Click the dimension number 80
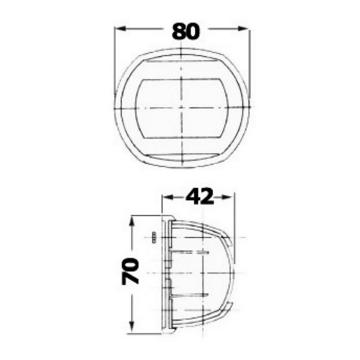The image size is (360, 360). pyautogui.click(x=186, y=32)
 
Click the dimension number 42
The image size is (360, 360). pyautogui.click(x=200, y=196)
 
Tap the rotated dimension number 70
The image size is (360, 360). pyautogui.click(x=130, y=271)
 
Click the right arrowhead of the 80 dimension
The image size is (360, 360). pyautogui.click(x=243, y=29)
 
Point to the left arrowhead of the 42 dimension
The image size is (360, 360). pyautogui.click(x=168, y=197)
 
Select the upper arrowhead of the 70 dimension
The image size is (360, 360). pyautogui.click(x=131, y=221)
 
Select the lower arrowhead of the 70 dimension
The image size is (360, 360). pyautogui.click(x=131, y=327)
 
